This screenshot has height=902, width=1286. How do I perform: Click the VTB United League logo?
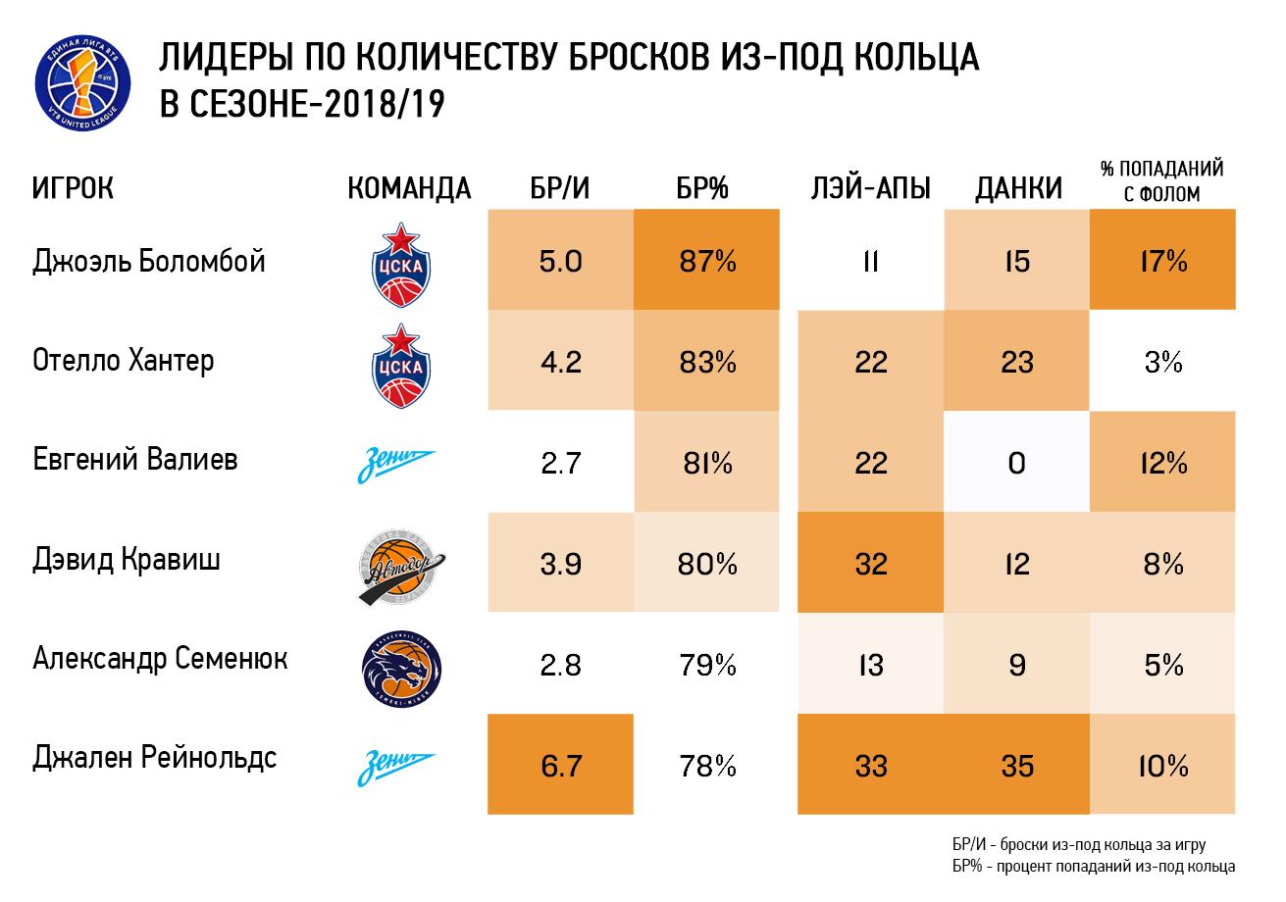pos(82,82)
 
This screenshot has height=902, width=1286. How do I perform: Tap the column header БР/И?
pos(560,188)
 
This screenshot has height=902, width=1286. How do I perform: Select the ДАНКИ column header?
pos(1019,188)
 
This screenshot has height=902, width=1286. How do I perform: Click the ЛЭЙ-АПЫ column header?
pos(870,187)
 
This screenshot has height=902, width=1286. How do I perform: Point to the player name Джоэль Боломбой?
pos(149,262)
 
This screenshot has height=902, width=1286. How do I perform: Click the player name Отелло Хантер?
pos(123,362)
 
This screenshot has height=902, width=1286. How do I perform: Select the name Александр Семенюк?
pos(160,659)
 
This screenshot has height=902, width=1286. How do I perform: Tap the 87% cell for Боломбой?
pos(706,260)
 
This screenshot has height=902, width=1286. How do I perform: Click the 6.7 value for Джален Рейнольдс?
pos(560,765)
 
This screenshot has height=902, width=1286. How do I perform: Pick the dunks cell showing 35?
pos(1017,765)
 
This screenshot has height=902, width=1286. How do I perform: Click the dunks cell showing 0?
pos(1017,462)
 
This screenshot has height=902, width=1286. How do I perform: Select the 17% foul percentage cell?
pos(1162,260)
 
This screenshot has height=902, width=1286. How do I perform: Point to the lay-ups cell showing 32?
pos(870,563)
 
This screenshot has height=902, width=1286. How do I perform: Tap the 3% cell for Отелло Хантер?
pos(1162,361)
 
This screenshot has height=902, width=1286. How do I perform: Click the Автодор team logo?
pos(401,567)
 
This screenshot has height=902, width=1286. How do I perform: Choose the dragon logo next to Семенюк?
pos(401,669)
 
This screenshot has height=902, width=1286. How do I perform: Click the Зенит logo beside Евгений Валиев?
pos(396,464)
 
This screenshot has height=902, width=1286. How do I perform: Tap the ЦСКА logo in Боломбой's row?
pos(401,265)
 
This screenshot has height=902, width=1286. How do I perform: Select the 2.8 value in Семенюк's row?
pos(560,665)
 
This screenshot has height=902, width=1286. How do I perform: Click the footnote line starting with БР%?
pos(1093,866)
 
